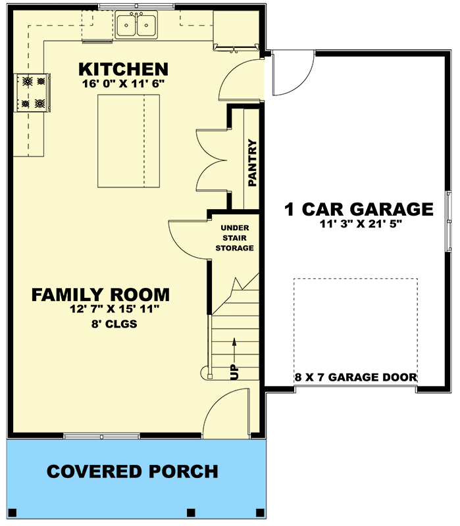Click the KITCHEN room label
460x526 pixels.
123,69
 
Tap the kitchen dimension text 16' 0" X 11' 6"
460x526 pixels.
123,84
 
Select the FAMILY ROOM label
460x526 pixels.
101,295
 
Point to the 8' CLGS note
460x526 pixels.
114,324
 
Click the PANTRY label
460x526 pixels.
252,163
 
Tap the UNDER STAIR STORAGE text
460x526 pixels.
235,238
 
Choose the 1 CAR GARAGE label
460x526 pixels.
359,209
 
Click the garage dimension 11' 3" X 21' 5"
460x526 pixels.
361,224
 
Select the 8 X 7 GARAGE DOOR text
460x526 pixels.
356,377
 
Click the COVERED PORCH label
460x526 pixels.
132,471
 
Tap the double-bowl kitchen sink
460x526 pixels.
136,24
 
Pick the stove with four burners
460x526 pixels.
32,93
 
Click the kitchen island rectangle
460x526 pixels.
128,141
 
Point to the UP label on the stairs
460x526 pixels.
235,372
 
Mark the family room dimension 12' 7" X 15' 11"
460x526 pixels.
115,309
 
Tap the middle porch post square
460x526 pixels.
191,513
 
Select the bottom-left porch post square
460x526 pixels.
13,513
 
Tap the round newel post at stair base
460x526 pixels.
205,373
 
